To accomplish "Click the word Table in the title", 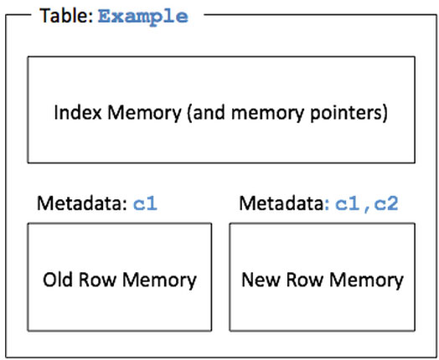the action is [x=66, y=16].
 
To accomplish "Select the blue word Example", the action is [x=143, y=18].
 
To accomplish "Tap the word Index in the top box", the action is [x=78, y=112].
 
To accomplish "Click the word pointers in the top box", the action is [x=345, y=114].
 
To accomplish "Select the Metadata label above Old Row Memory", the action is [x=83, y=203].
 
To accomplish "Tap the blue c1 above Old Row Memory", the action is [x=145, y=203].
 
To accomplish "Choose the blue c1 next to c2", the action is [x=348, y=203].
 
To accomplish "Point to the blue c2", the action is [x=386, y=203].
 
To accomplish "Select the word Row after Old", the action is [x=97, y=280].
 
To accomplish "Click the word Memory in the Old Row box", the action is [x=159, y=281].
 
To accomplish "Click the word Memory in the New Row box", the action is [x=366, y=281].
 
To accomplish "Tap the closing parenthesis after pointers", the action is [x=385, y=113].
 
